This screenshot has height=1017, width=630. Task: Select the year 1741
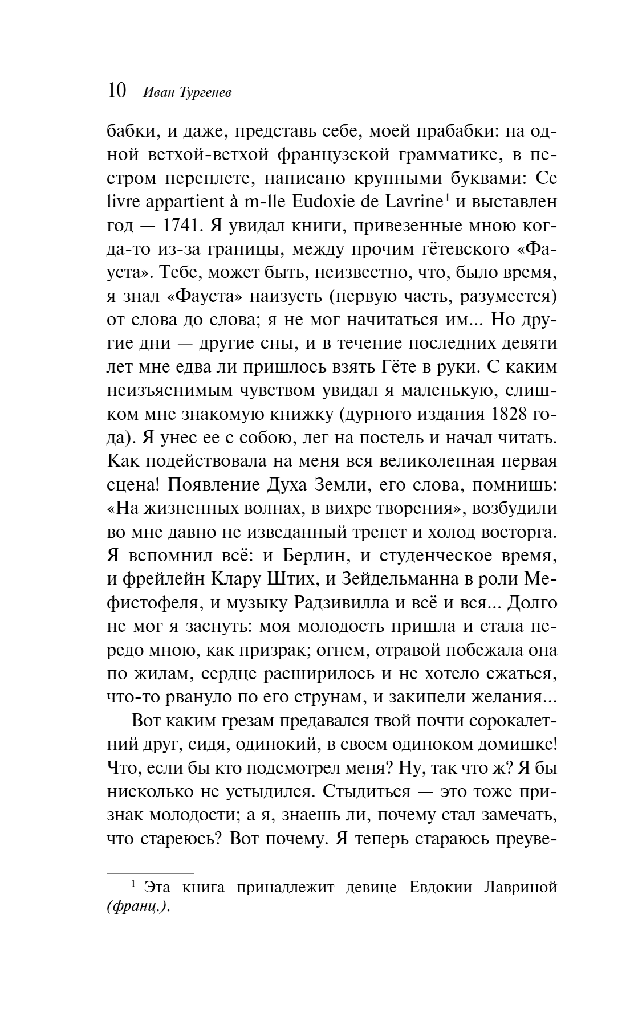[181, 226]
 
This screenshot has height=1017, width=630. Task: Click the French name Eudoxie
[331, 202]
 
